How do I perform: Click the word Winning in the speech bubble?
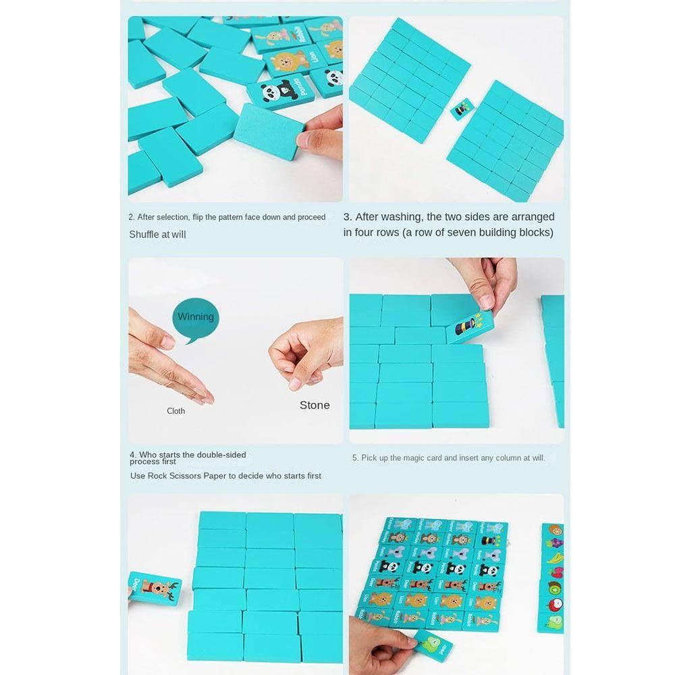(x=196, y=317)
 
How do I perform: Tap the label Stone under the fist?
(x=315, y=405)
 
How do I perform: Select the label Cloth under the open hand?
(x=175, y=410)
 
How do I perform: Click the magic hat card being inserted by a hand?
(x=468, y=326)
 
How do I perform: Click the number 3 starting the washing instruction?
(x=347, y=217)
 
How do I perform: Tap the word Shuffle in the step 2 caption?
(x=144, y=234)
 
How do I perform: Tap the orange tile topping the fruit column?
(x=553, y=530)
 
